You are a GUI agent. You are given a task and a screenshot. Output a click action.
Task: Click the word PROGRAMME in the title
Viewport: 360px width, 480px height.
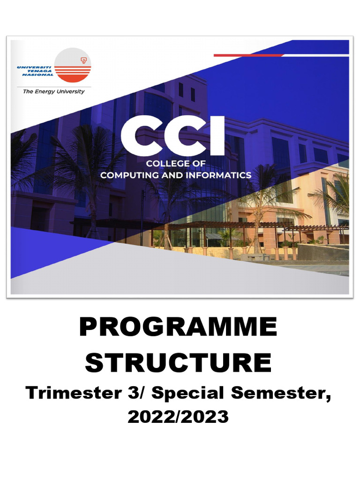pos(178,327)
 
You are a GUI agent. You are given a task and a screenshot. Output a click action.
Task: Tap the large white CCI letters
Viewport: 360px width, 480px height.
pos(172,137)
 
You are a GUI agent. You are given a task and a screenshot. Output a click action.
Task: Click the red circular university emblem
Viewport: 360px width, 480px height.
pos(73,67)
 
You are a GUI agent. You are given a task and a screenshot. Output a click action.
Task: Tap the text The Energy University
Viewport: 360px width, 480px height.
pos(53,92)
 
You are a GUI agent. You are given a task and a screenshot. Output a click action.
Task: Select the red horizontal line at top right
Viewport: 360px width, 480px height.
pos(248,55)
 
